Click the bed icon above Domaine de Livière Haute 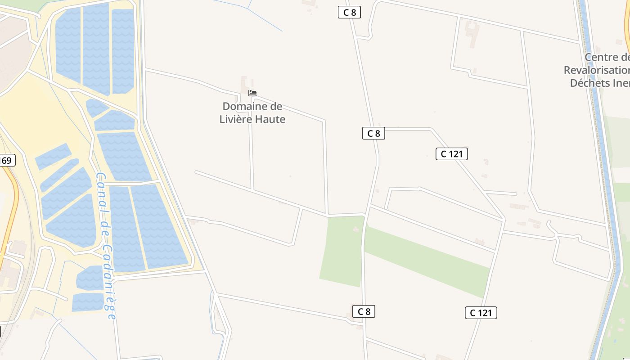pyautogui.click(x=252, y=93)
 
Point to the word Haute pyautogui.click(x=270, y=119)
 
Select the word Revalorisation pyautogui.click(x=596, y=70)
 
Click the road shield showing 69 pyautogui.click(x=7, y=161)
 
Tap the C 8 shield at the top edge pyautogui.click(x=350, y=13)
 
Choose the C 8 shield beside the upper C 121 pyautogui.click(x=373, y=133)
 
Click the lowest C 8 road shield pyautogui.click(x=364, y=311)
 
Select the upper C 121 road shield pyautogui.click(x=452, y=154)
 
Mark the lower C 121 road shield pyautogui.click(x=481, y=313)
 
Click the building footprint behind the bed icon pyautogui.click(x=244, y=83)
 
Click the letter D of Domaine pyautogui.click(x=226, y=107)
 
